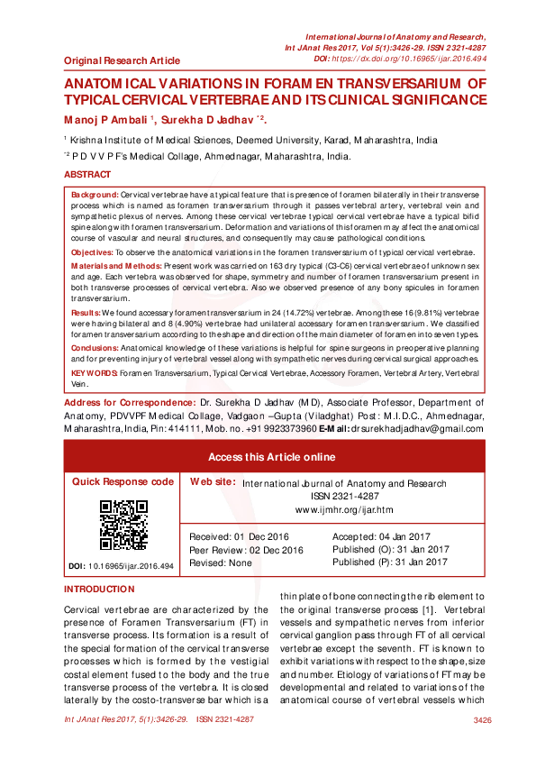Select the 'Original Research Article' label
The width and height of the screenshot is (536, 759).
coord(122,61)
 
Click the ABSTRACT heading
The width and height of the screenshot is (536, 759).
coord(87,174)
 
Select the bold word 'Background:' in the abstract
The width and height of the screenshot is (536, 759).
coord(95,195)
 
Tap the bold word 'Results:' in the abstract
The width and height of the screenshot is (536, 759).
coord(86,311)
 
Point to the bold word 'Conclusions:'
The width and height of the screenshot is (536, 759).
coord(95,349)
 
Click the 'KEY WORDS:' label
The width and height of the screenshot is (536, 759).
coord(94,372)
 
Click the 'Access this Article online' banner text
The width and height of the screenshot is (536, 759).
coord(271,457)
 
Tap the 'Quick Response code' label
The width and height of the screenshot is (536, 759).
coord(123,482)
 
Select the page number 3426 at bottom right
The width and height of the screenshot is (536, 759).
coord(482,720)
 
